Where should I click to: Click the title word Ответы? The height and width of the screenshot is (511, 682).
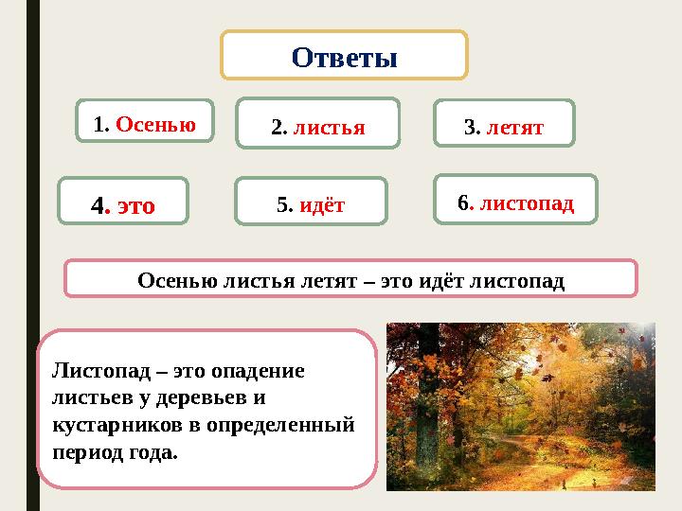click(x=344, y=58)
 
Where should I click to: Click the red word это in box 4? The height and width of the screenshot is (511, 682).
click(x=135, y=204)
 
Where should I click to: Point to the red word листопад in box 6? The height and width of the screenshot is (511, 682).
click(x=527, y=203)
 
